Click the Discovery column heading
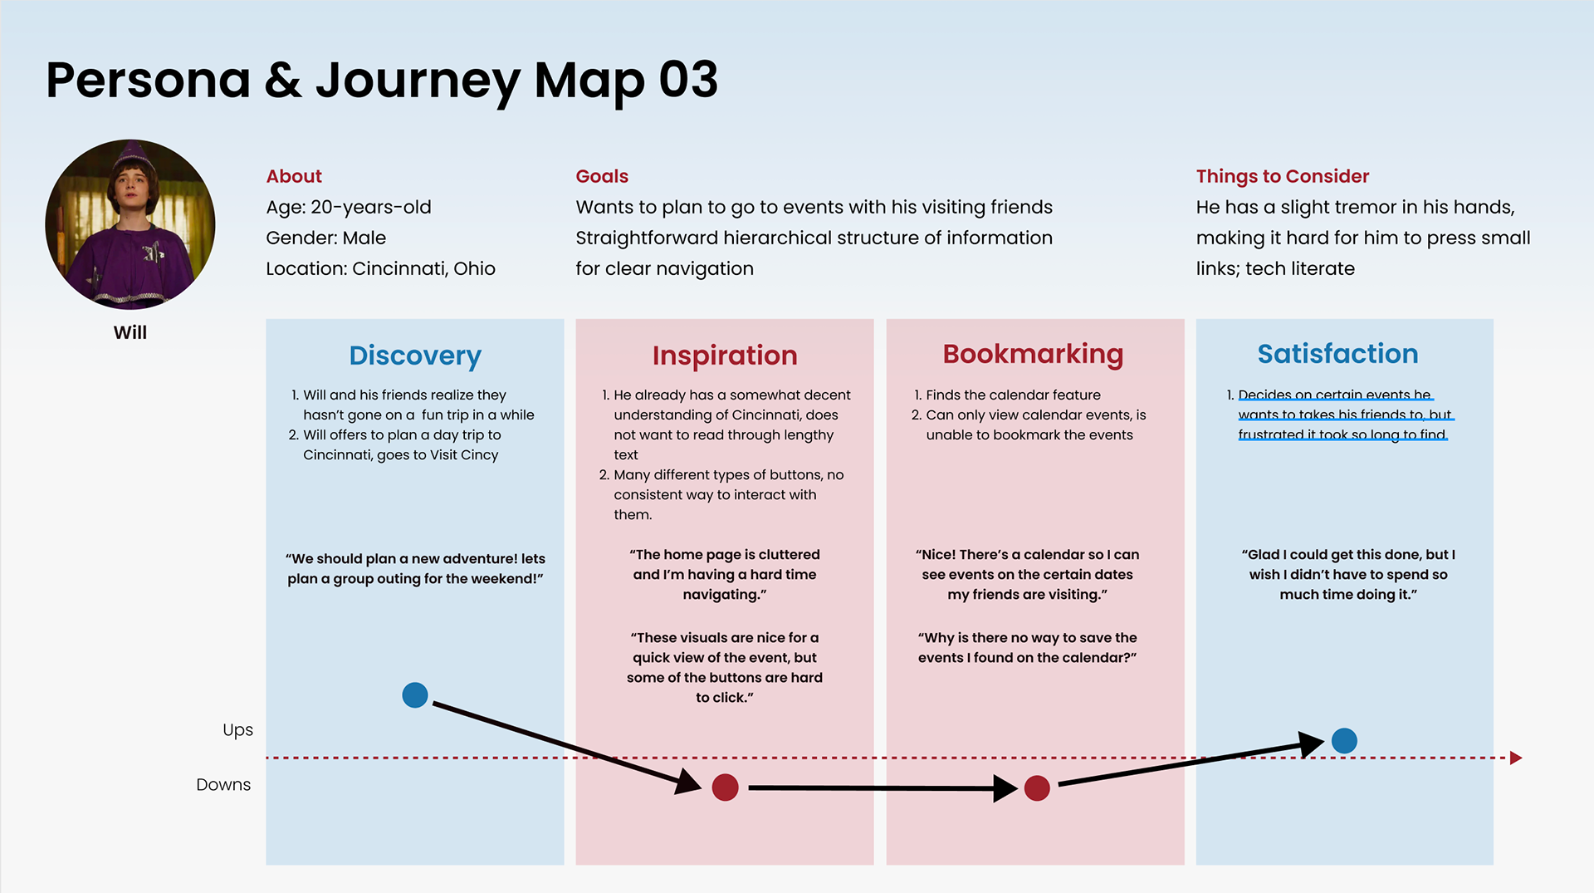click(x=415, y=356)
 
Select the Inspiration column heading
click(x=725, y=356)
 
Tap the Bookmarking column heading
click(x=1033, y=354)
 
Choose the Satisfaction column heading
click(x=1337, y=354)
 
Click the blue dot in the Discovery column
click(x=415, y=694)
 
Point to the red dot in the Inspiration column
click(x=726, y=788)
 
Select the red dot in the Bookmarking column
click(x=1037, y=788)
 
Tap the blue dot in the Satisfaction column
click(x=1344, y=740)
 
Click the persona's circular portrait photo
click(x=130, y=224)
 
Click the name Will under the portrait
click(x=130, y=332)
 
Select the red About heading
click(x=294, y=176)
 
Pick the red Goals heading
click(x=602, y=176)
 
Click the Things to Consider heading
click(x=1283, y=176)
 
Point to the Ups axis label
click(x=237, y=730)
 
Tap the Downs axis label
click(x=223, y=785)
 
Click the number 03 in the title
click(x=688, y=81)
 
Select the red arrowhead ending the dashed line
click(x=1516, y=758)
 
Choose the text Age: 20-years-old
click(x=349, y=207)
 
